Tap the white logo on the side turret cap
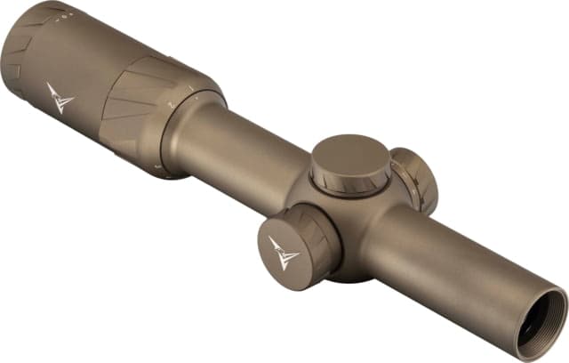point(284,252)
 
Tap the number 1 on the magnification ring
point(192,87)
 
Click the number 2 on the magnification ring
point(170,104)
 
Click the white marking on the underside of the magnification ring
point(157,166)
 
